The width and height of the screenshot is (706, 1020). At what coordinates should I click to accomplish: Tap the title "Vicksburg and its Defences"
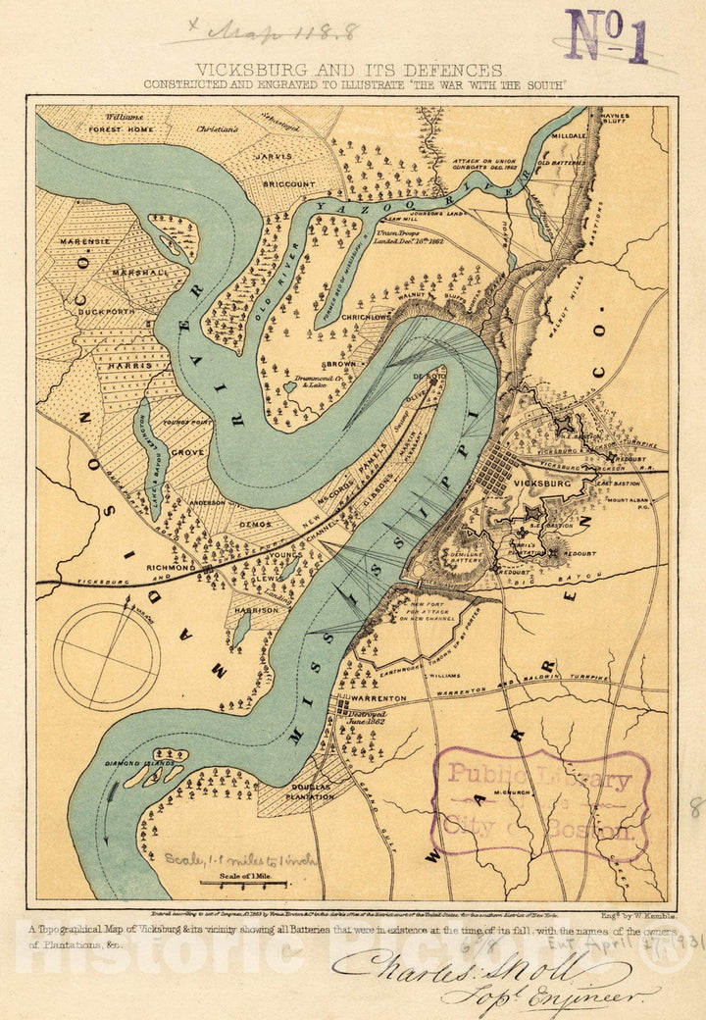pos(349,70)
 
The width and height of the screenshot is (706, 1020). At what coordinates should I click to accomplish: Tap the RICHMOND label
pos(174,567)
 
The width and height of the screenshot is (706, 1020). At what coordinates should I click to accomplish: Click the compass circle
pos(106,656)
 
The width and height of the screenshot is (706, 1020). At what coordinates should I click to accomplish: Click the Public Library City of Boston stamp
pos(540,805)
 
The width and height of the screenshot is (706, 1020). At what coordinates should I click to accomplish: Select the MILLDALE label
pos(570,136)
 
